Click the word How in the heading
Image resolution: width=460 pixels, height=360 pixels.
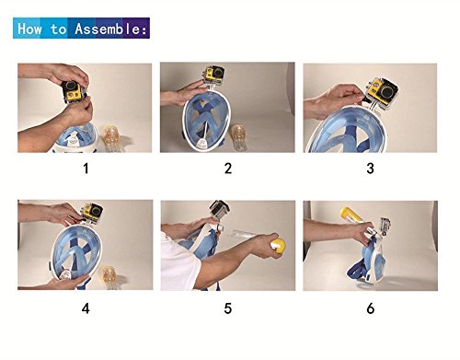[x=29, y=29]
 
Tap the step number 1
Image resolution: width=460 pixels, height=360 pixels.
[x=86, y=168]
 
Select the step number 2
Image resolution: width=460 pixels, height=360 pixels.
[x=228, y=168]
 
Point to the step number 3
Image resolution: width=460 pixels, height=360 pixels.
[x=370, y=168]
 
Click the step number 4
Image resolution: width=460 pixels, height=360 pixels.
[x=86, y=308]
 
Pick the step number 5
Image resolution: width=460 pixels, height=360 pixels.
[x=227, y=308]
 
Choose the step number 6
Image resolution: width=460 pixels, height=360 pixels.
[x=371, y=308]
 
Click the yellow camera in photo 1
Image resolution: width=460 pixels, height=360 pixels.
[x=74, y=91]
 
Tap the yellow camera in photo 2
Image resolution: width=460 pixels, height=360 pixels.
[x=213, y=75]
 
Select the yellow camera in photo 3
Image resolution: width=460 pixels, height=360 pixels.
[x=385, y=91]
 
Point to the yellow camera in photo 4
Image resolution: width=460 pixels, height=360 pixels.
[x=92, y=212]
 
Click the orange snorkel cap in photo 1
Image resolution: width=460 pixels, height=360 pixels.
[x=111, y=135]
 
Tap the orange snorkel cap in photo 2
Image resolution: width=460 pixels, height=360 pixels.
[x=238, y=134]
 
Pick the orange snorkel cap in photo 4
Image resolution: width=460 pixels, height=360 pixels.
[x=109, y=273]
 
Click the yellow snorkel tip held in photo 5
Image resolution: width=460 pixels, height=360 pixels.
[x=279, y=246]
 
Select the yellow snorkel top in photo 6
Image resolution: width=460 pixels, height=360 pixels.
[x=351, y=215]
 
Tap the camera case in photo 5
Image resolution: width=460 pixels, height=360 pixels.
[x=220, y=210]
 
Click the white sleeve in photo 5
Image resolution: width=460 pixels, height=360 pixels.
[x=179, y=263]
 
